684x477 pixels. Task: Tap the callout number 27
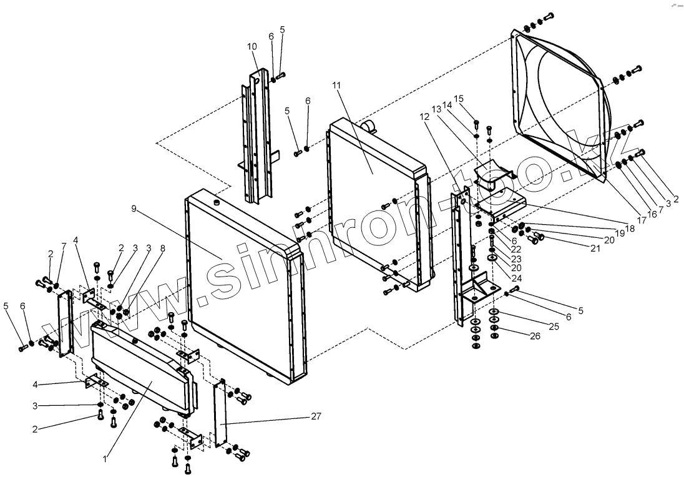316,416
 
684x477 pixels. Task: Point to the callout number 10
252,46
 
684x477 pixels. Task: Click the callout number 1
105,459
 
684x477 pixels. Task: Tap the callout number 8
162,247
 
